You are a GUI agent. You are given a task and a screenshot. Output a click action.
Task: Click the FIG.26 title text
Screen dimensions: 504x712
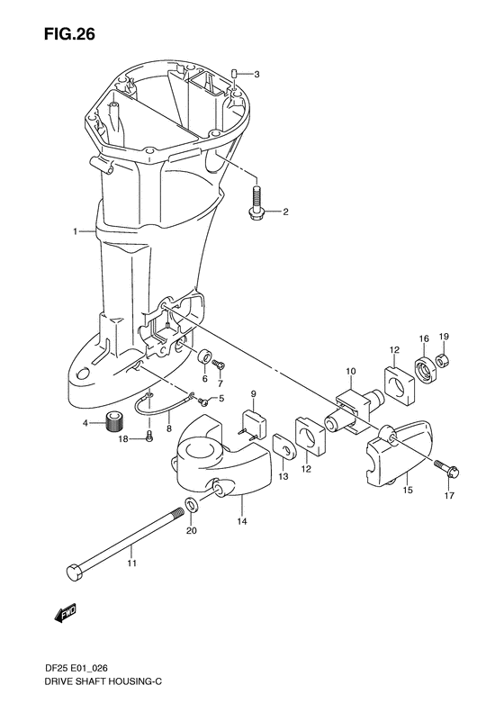tap(69, 34)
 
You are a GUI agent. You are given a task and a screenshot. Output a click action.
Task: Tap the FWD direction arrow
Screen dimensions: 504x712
tap(64, 613)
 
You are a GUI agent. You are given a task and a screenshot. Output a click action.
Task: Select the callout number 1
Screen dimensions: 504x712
tap(76, 231)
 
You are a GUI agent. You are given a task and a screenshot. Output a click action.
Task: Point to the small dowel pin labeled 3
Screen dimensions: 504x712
tap(235, 74)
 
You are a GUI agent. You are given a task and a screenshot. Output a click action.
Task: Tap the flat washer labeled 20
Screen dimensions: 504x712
tap(192, 504)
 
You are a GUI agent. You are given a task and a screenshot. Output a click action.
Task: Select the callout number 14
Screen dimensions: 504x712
tap(242, 521)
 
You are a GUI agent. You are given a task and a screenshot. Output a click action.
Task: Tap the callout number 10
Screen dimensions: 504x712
tap(351, 372)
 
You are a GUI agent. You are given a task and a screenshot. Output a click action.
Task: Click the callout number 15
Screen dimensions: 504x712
tap(408, 491)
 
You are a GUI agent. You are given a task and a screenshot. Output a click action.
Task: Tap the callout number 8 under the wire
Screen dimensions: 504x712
tap(169, 428)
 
